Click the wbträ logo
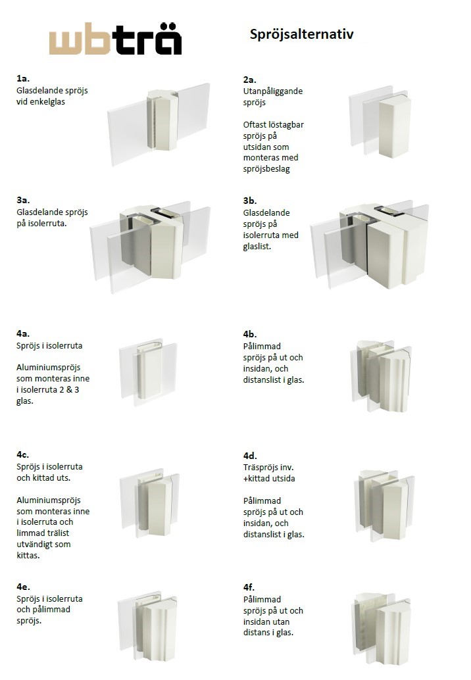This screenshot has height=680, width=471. pos(115,39)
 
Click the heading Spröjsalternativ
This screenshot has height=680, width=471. pos(301,34)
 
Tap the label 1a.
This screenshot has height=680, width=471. pos(23,78)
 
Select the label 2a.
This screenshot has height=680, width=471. pos(250,80)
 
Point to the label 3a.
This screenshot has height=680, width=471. pos(23,201)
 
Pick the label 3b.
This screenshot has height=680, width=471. pos(250,201)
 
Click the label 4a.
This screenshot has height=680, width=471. pos(23,333)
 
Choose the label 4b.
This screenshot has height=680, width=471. pos(250,334)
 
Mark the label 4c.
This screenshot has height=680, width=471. pos(22,454)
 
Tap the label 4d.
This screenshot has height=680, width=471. pos(250,456)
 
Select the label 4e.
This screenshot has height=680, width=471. pos(23,587)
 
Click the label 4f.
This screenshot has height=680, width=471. pos(249,587)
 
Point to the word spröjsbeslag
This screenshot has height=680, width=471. pos(266,169)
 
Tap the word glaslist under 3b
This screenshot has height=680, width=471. pos(257,247)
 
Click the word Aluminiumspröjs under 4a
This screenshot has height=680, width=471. pos(49,368)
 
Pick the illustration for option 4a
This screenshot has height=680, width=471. pos(148,372)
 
